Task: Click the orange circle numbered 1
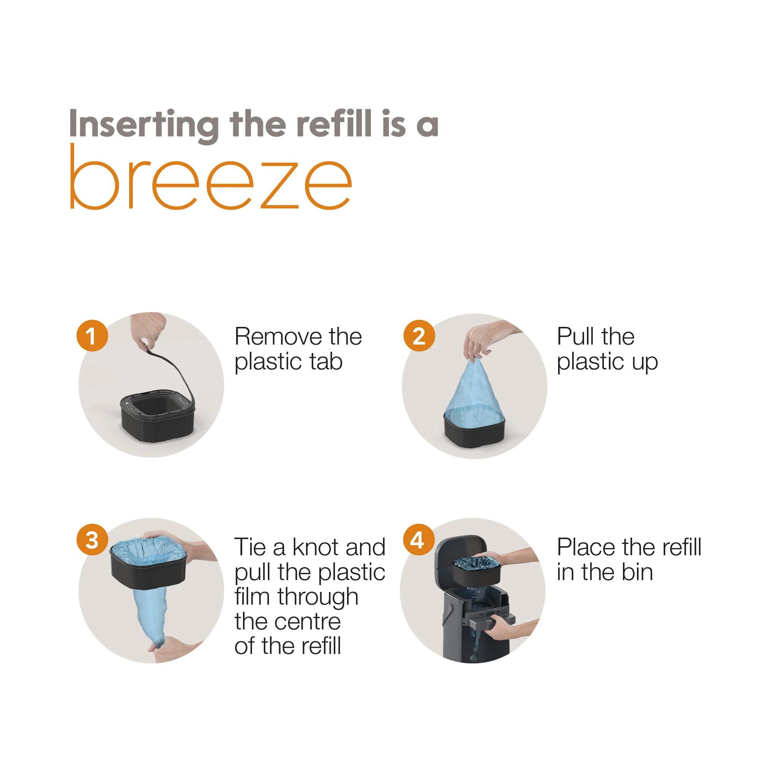(92, 335)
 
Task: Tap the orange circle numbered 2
(419, 335)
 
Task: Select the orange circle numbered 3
(92, 539)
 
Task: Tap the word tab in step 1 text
(326, 361)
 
